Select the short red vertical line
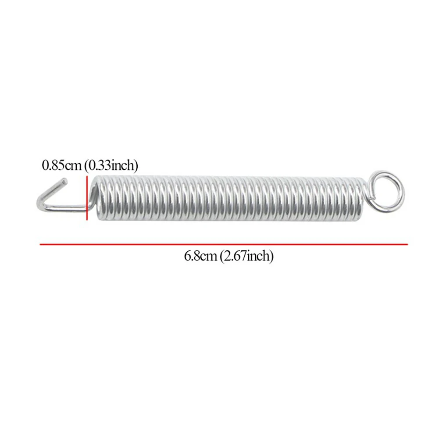(x=87, y=197)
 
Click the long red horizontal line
(x=224, y=244)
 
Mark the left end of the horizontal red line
(x=41, y=244)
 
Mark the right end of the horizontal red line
(x=407, y=244)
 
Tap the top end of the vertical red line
(x=87, y=176)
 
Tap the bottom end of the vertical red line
(x=87, y=218)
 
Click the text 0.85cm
(x=61, y=165)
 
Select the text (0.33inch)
(x=111, y=165)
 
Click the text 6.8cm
(x=200, y=256)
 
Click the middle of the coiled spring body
(x=228, y=196)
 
